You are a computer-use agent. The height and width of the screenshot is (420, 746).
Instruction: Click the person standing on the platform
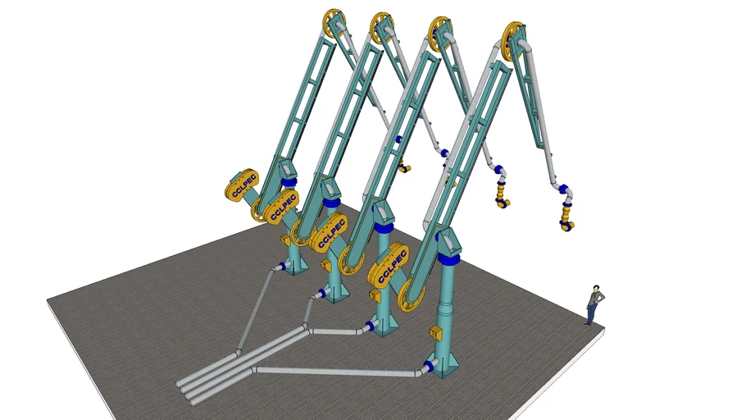[594, 305]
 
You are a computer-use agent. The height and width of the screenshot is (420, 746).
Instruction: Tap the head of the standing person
[596, 290]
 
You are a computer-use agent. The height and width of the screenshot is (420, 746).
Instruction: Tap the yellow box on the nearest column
[435, 333]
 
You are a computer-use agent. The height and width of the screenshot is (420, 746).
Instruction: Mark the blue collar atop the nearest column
[448, 258]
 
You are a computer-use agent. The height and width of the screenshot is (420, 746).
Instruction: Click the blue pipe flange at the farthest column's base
[283, 267]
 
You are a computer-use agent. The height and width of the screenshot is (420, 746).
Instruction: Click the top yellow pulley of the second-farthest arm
[382, 28]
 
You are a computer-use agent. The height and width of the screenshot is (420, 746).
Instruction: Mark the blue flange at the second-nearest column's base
[370, 326]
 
